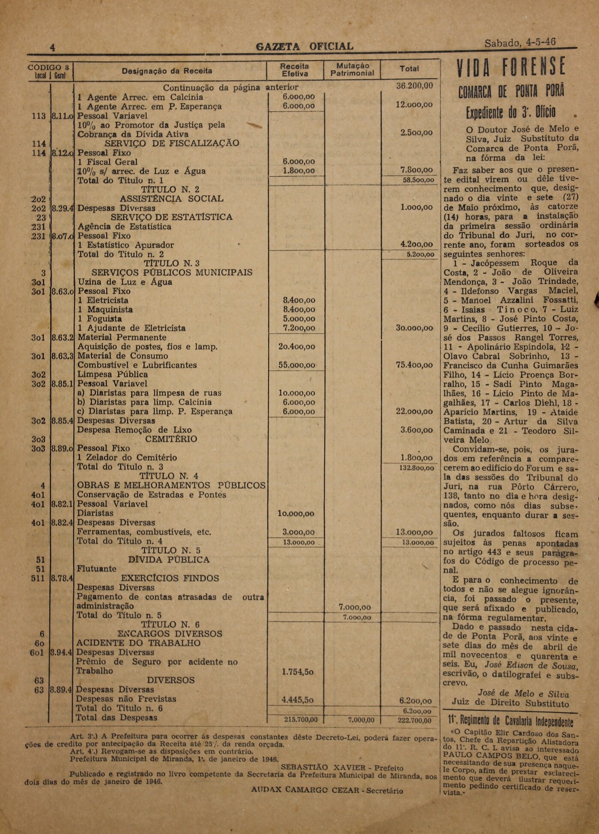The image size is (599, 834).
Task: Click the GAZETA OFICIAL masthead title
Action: tap(304, 46)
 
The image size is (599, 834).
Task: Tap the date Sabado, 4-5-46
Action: tap(520, 42)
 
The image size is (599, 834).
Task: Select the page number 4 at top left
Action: tap(53, 48)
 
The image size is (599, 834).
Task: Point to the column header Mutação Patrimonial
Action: tap(352, 69)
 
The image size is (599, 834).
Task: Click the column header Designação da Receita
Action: tap(167, 71)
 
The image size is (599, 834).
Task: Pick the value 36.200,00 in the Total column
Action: tap(414, 86)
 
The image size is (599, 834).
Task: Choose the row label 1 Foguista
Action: tap(99, 319)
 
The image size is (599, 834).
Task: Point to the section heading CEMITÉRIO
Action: tap(171, 439)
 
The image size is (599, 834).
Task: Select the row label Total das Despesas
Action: tap(117, 717)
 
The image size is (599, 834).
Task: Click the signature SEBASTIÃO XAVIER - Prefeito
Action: tap(342, 767)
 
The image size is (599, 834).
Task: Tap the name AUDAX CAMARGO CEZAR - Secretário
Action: tap(327, 790)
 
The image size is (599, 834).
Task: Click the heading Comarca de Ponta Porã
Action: tap(511, 91)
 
